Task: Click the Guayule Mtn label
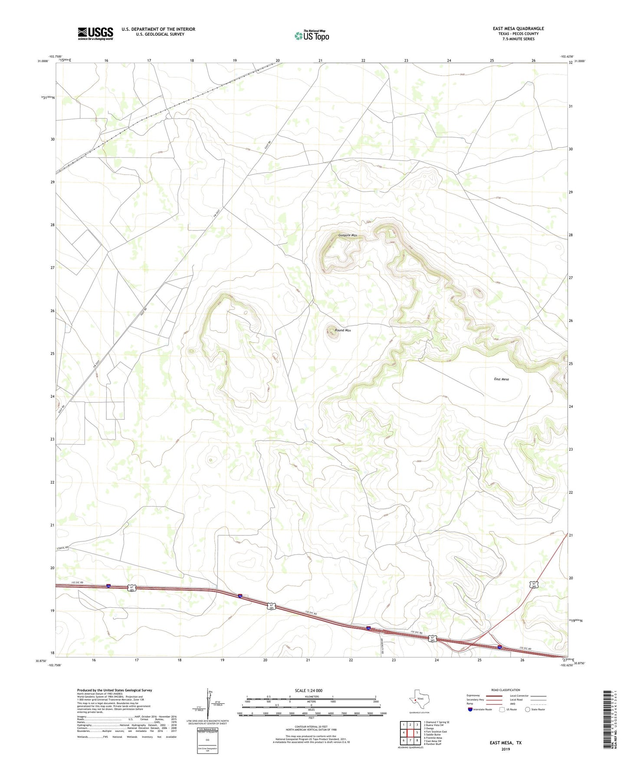click(348, 235)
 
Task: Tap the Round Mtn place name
click(343, 330)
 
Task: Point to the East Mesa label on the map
click(501, 379)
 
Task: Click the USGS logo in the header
click(95, 33)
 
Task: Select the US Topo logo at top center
click(312, 36)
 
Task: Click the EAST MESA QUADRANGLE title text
click(518, 29)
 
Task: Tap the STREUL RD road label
click(63, 548)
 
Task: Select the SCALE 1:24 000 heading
click(309, 691)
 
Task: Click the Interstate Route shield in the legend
click(470, 709)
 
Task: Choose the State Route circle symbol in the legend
click(527, 709)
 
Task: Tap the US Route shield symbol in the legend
click(502, 709)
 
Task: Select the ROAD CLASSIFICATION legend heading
click(506, 690)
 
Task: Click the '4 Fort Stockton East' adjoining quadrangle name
click(435, 732)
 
